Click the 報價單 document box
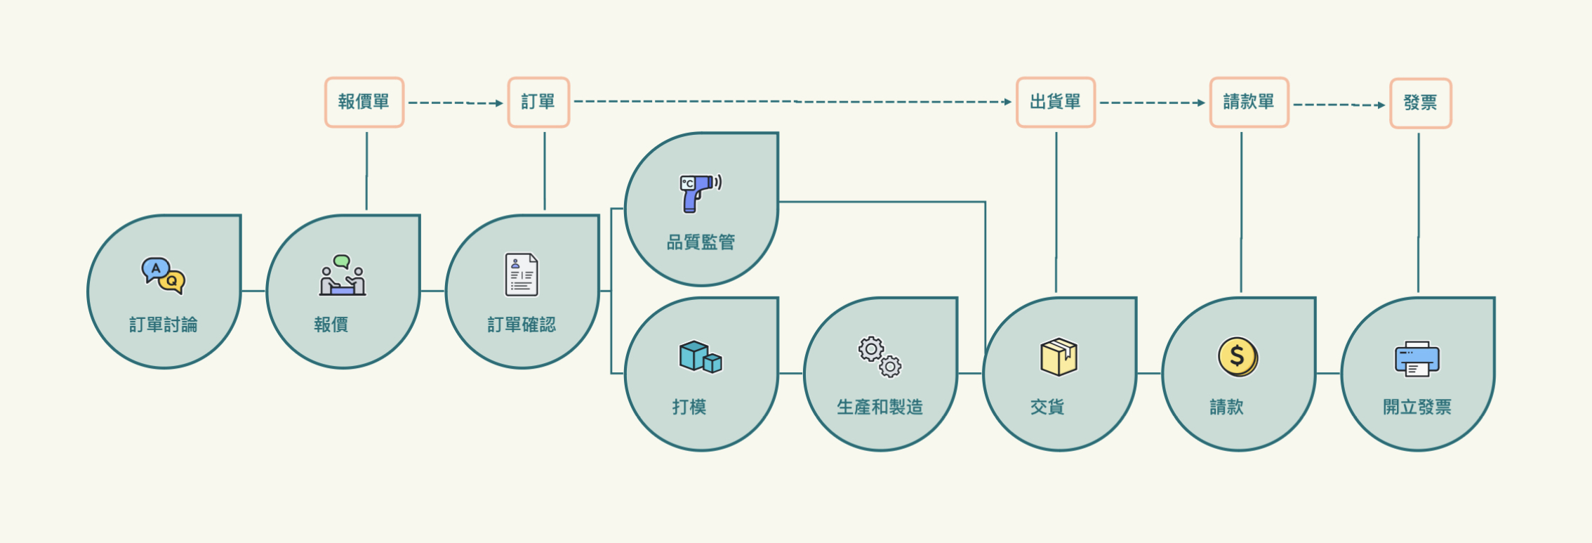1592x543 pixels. (x=364, y=103)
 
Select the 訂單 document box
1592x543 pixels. (x=538, y=103)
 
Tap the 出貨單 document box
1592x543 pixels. (x=1056, y=103)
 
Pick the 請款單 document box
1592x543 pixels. (x=1249, y=103)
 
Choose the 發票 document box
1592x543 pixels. (x=1420, y=103)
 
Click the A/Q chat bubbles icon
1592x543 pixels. (x=163, y=275)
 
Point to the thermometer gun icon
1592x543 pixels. (x=699, y=192)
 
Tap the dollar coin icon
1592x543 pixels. (x=1238, y=357)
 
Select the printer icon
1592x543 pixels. (x=1417, y=359)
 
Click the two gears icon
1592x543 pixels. (x=880, y=357)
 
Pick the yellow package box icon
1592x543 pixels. (x=1059, y=357)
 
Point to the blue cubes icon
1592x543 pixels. (x=700, y=357)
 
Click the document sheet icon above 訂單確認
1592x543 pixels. (x=522, y=275)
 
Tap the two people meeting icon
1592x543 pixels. (x=343, y=275)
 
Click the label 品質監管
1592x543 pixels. (x=701, y=242)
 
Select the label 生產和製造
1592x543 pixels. (x=880, y=407)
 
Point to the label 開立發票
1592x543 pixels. (x=1417, y=407)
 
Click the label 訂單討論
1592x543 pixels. (x=163, y=325)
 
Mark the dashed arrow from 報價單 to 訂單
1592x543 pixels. (x=456, y=103)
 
